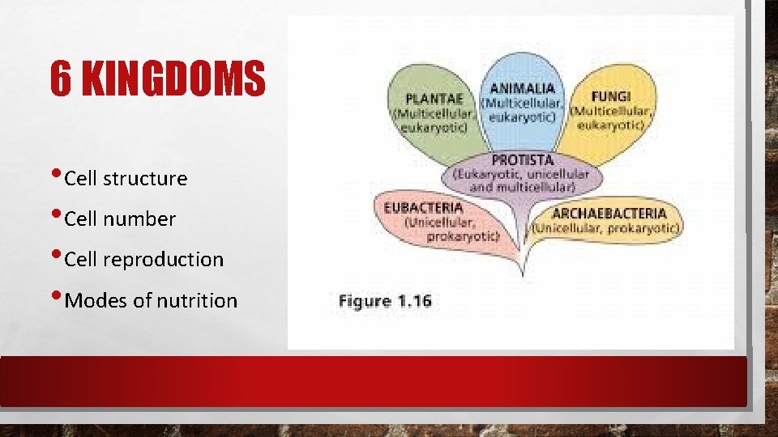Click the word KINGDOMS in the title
click(x=174, y=79)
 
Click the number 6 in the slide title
click(x=59, y=79)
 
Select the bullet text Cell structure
click(x=125, y=178)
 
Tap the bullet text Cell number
click(x=119, y=218)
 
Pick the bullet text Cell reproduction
click(x=143, y=259)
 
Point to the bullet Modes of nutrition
click(x=150, y=301)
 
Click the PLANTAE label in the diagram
click(x=434, y=99)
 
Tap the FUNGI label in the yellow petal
click(x=613, y=95)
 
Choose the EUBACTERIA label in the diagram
click(x=423, y=207)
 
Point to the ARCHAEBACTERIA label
click(x=609, y=214)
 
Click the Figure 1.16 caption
click(x=385, y=302)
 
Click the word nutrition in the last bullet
click(x=197, y=301)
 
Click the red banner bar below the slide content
click(x=373, y=380)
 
